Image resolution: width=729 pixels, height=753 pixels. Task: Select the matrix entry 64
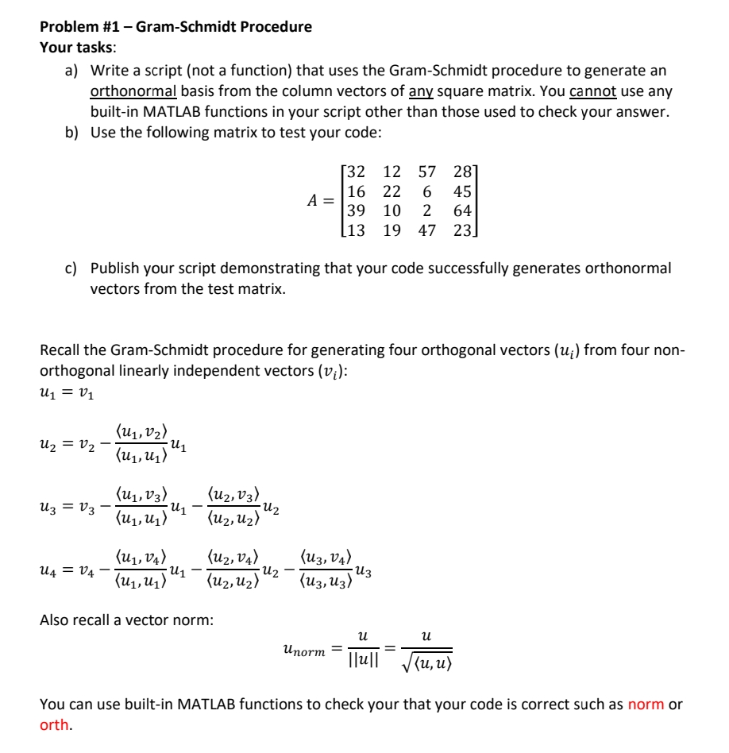coord(462,210)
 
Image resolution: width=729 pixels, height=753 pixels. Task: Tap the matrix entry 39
coord(357,210)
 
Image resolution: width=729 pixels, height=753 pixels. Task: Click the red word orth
coord(54,724)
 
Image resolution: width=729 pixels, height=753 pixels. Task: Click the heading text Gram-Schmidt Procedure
coord(224,27)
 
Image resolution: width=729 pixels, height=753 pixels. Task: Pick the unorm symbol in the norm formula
coord(303,651)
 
